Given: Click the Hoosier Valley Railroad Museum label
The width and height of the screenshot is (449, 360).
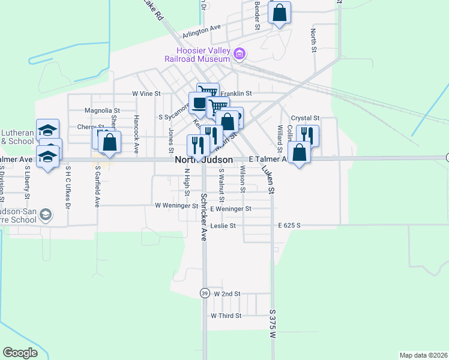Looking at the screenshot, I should pyautogui.click(x=199, y=55).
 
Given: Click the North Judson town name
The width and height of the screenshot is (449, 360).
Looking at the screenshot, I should pyautogui.click(x=204, y=160).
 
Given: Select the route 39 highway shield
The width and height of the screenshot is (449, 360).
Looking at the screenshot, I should pyautogui.click(x=204, y=293).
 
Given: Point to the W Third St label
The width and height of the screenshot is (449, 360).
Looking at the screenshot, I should pyautogui.click(x=226, y=316).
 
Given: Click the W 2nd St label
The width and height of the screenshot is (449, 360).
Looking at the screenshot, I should pyautogui.click(x=227, y=294).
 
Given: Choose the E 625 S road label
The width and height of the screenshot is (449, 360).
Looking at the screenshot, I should pyautogui.click(x=289, y=226).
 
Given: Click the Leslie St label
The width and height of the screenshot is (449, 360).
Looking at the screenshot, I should pyautogui.click(x=223, y=226).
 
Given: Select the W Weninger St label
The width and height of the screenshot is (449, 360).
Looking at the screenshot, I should pyautogui.click(x=176, y=205).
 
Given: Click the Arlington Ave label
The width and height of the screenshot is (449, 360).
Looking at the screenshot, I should pyautogui.click(x=203, y=28).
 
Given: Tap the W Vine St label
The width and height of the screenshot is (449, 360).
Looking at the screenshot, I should pyautogui.click(x=147, y=94).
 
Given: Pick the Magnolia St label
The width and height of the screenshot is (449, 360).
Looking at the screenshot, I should pyautogui.click(x=103, y=110).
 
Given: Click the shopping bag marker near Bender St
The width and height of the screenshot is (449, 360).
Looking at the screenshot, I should pyautogui.click(x=280, y=13).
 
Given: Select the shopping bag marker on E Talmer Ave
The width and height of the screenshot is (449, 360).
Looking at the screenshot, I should pyautogui.click(x=299, y=152).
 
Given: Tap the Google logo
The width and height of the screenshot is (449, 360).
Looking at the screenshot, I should pyautogui.click(x=20, y=353).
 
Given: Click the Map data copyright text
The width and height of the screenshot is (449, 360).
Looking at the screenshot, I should pyautogui.click(x=423, y=355).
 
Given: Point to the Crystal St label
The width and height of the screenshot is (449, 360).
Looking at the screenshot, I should pyautogui.click(x=305, y=119).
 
